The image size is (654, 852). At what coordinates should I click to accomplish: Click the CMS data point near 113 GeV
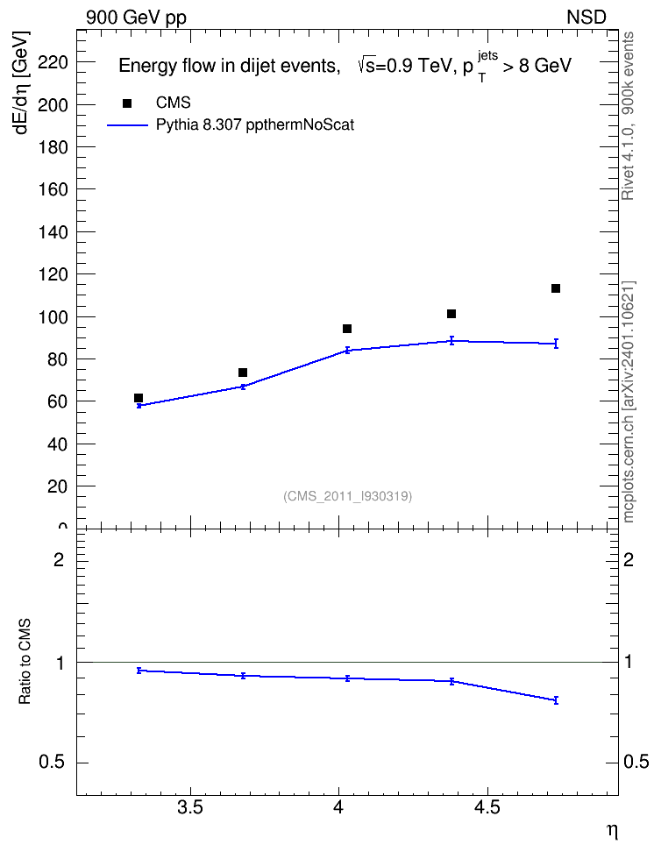pyautogui.click(x=556, y=288)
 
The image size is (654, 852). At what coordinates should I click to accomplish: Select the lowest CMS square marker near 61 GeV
pyautogui.click(x=139, y=398)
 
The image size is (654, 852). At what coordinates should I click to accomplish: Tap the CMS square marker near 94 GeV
pyautogui.click(x=347, y=329)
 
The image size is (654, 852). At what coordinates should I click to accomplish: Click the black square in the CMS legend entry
pyautogui.click(x=127, y=103)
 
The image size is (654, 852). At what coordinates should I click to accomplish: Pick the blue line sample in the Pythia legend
pyautogui.click(x=127, y=125)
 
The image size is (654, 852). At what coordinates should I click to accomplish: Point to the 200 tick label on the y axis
pyautogui.click(x=53, y=105)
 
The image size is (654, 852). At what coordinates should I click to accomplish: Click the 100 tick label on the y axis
pyautogui.click(x=53, y=316)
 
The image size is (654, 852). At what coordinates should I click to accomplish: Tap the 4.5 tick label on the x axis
pyautogui.click(x=487, y=807)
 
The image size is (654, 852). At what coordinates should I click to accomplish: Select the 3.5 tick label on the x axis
pyautogui.click(x=190, y=807)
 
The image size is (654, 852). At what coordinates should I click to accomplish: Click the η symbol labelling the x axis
pyautogui.click(x=612, y=831)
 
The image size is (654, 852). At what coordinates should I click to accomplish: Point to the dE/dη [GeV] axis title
pyautogui.click(x=21, y=82)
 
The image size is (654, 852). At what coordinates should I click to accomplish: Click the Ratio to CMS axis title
pyautogui.click(x=25, y=661)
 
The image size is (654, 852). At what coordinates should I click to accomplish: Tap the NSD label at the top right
pyautogui.click(x=586, y=18)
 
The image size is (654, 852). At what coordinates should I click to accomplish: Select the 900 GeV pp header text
pyautogui.click(x=137, y=18)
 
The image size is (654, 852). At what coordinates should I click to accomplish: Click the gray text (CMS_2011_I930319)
pyautogui.click(x=348, y=496)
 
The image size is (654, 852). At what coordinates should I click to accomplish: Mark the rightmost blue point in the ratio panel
pyautogui.click(x=556, y=700)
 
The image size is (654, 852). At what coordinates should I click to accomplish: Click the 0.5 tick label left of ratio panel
pyautogui.click(x=53, y=763)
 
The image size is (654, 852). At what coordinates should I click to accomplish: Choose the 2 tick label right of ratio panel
pyautogui.click(x=629, y=559)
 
